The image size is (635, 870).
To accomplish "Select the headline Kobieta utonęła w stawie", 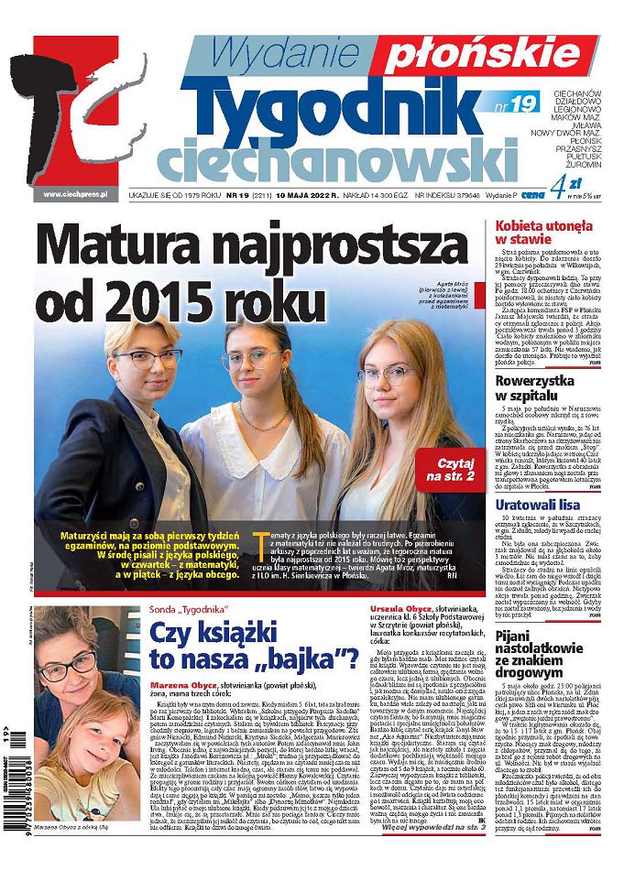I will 548,231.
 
